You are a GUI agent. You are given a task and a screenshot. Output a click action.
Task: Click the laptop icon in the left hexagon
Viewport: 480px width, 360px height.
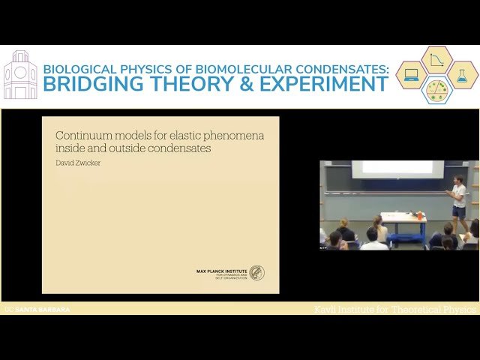[412, 75]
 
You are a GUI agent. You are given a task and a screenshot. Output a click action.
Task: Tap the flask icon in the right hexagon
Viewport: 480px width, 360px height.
[462, 75]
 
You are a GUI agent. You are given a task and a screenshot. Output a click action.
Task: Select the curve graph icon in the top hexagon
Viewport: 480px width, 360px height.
[436, 59]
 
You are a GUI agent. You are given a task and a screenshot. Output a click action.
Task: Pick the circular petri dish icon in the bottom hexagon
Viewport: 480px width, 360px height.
[436, 90]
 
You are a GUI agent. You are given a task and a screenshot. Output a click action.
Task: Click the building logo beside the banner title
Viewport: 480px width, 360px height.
[20, 75]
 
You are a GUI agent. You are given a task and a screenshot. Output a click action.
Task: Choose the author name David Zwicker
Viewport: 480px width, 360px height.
[79, 162]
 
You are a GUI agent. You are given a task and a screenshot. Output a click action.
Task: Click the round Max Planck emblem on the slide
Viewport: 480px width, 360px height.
[256, 273]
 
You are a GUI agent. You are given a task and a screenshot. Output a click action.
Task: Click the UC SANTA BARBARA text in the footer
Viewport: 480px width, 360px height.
[37, 309]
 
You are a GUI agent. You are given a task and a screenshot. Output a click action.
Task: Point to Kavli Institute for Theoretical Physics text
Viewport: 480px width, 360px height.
[395, 309]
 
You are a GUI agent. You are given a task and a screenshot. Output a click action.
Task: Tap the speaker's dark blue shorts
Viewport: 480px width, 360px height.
[459, 211]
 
